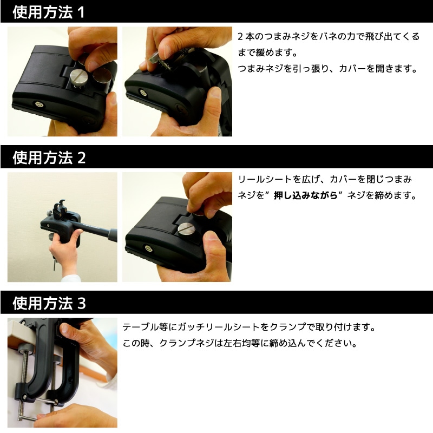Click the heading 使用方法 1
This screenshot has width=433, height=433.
(49, 12)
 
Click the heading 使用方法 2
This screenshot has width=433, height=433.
(49, 158)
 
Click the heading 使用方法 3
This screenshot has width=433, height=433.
(49, 303)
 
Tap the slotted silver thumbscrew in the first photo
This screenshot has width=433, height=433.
(78, 77)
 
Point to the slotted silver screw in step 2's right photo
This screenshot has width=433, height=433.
(186, 229)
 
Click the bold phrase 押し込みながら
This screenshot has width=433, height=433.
(305, 195)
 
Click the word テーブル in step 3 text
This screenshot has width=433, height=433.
(141, 327)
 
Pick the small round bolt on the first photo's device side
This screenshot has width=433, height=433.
(38, 104)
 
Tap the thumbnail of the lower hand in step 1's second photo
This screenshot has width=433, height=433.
(215, 92)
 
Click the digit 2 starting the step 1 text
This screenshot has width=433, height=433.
(240, 36)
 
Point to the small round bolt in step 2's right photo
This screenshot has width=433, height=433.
(149, 248)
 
